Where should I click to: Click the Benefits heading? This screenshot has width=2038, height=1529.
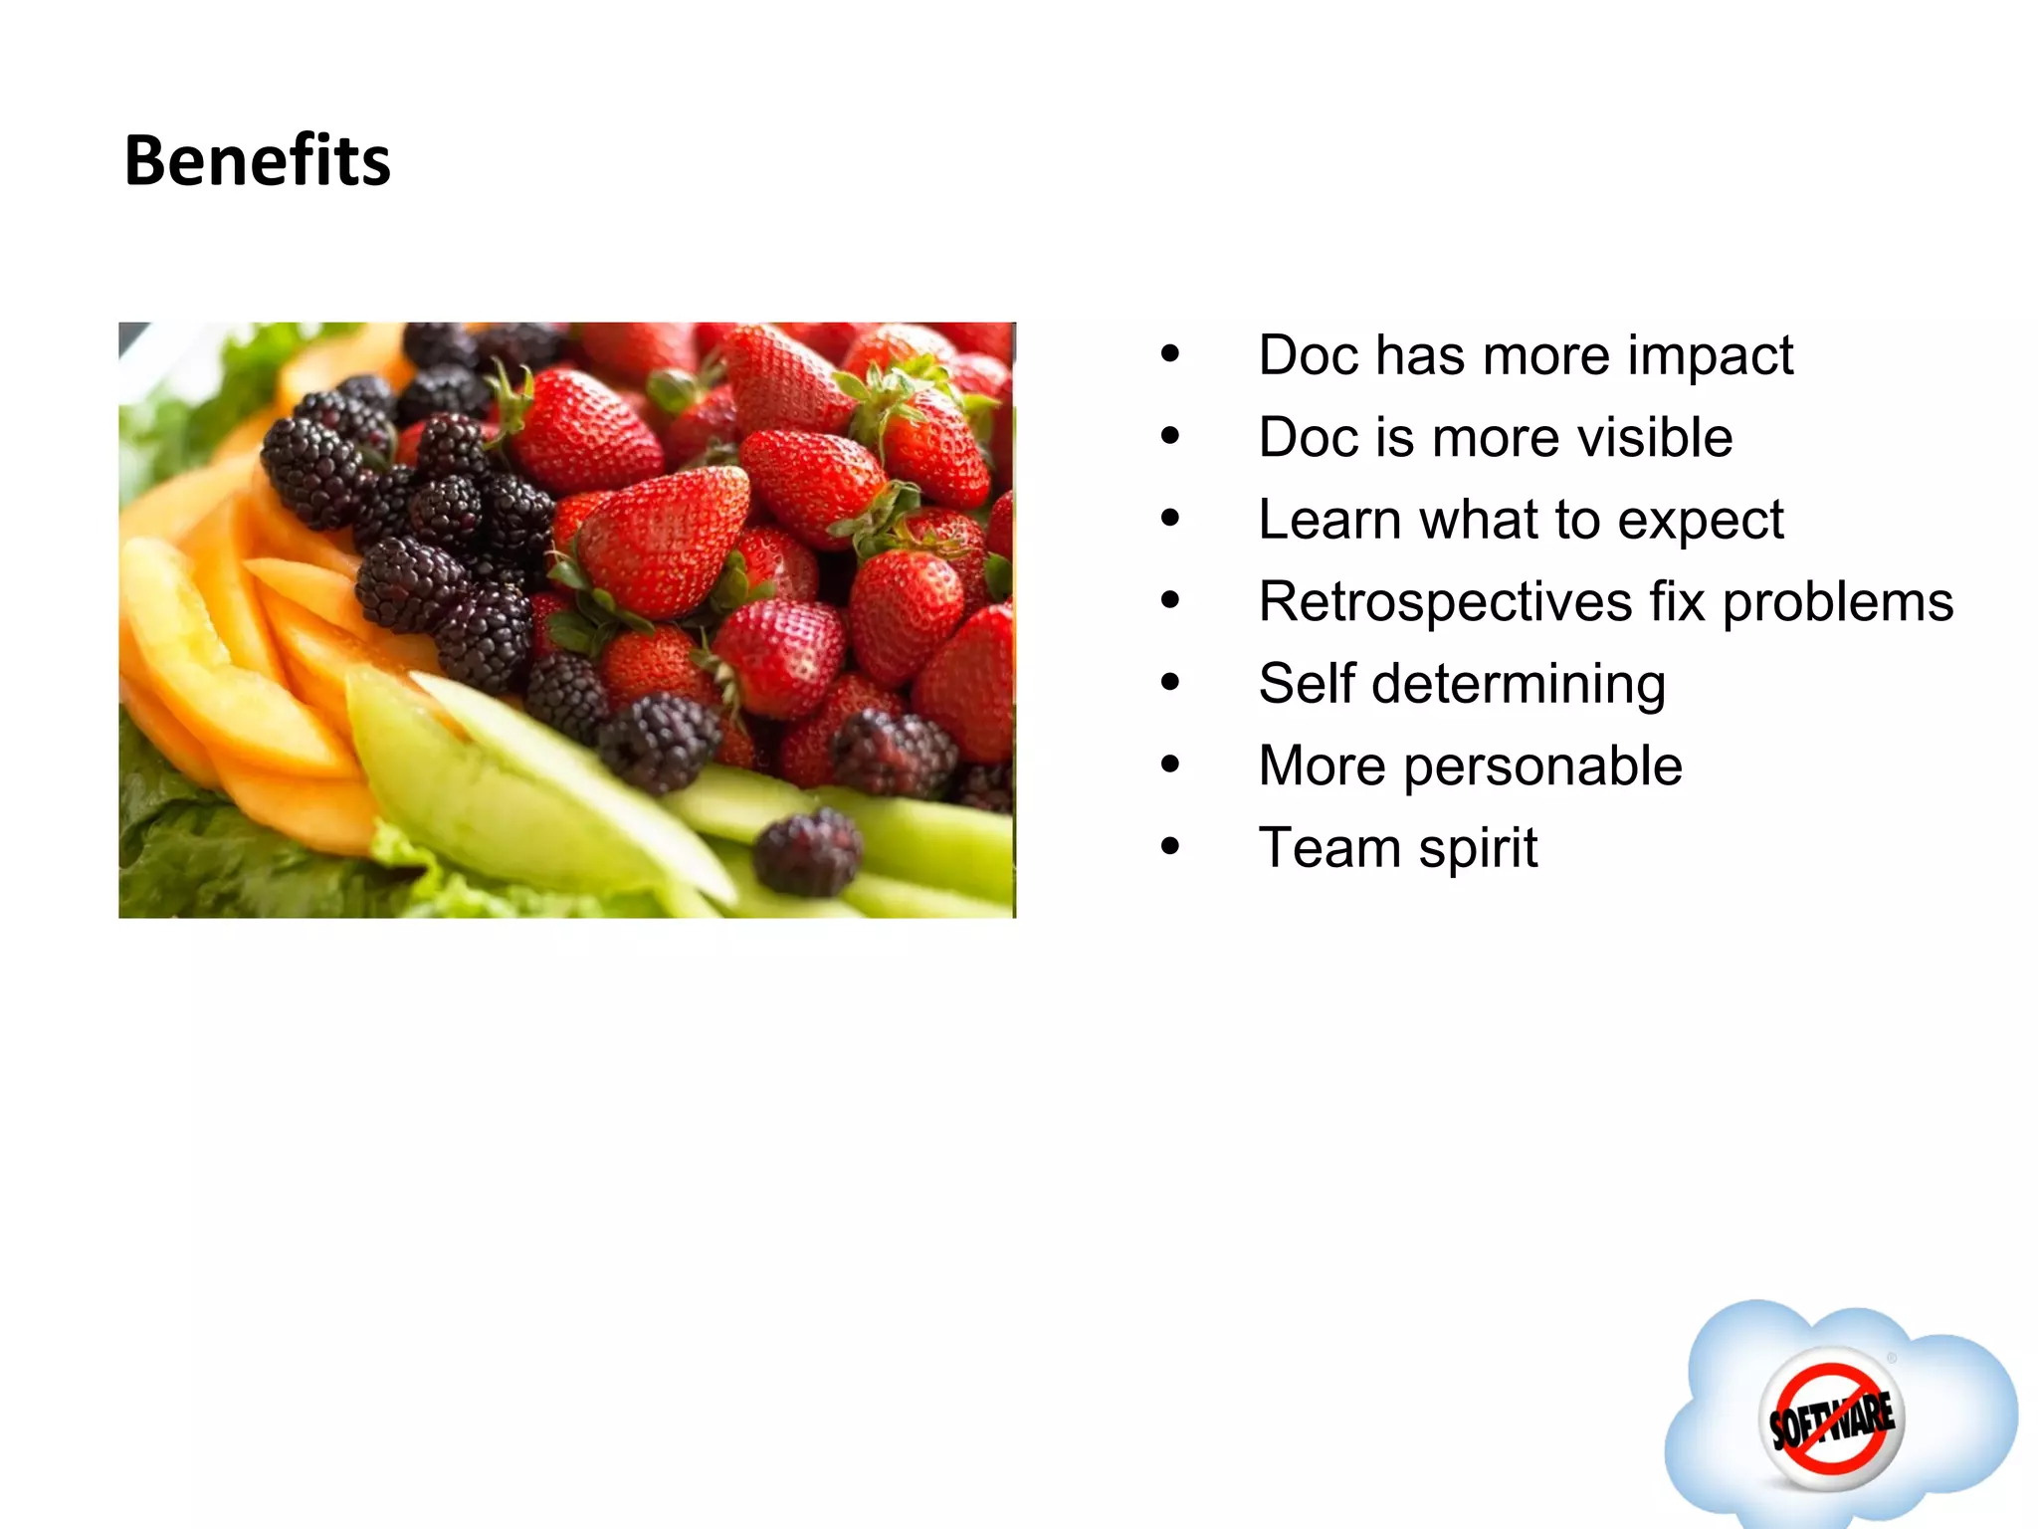click(257, 161)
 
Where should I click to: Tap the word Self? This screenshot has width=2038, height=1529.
click(1306, 684)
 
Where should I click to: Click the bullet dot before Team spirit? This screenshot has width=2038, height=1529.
click(1170, 848)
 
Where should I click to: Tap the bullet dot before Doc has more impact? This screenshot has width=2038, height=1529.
click(1170, 354)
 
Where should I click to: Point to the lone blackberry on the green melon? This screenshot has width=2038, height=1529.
click(807, 852)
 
